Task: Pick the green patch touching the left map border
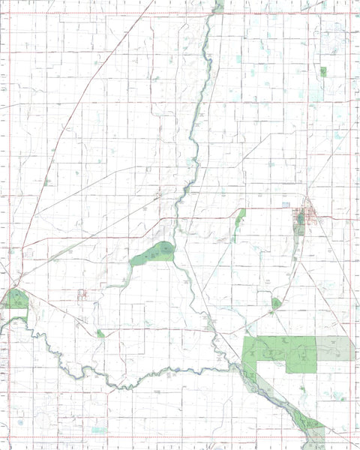(15, 300)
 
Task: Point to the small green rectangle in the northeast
(323, 72)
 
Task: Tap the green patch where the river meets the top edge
(218, 5)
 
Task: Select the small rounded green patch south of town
(276, 304)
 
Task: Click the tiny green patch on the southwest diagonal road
(100, 333)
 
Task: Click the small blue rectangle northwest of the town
(285, 204)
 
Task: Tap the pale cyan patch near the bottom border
(99, 430)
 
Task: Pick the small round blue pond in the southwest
(20, 421)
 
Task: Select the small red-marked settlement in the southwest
(82, 294)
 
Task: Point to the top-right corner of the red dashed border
(352, 13)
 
